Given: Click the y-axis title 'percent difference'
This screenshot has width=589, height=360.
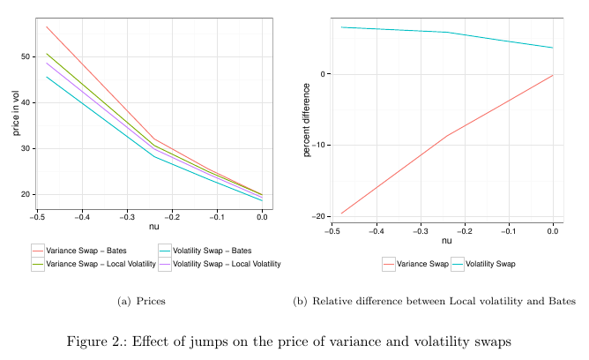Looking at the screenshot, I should (x=307, y=120).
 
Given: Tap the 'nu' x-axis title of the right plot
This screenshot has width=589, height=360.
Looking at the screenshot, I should (x=446, y=241).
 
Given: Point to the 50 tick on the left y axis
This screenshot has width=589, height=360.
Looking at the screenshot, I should (x=26, y=56).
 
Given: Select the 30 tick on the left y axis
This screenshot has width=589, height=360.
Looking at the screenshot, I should (x=26, y=148).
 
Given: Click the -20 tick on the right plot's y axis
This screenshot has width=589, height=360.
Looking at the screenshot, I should (x=315, y=216).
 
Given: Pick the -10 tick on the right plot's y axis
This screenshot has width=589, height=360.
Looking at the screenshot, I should (x=315, y=145).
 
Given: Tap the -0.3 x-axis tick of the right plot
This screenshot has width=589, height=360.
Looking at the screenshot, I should (x=420, y=231).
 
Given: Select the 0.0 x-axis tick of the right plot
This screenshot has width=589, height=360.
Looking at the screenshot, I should (x=553, y=231).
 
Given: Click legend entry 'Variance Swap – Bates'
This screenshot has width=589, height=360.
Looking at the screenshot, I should (x=85, y=250).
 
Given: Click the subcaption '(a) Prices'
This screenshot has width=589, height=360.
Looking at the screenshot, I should (x=141, y=302).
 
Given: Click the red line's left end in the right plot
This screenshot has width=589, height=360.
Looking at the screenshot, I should (x=341, y=214).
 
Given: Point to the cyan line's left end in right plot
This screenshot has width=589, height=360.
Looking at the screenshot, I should (x=341, y=26).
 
